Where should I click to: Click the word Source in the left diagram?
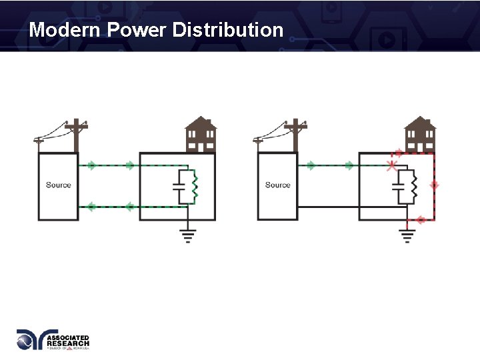pos(58,185)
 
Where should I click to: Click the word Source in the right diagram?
pos(277,185)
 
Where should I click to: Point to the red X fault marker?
pos(392,165)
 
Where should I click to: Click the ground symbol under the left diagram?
pos(189,235)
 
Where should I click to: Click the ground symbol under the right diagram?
pos(407,235)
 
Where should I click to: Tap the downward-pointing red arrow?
pos(434,185)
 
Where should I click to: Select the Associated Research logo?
pos(53,340)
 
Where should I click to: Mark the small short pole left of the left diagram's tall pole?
pos(39,143)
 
